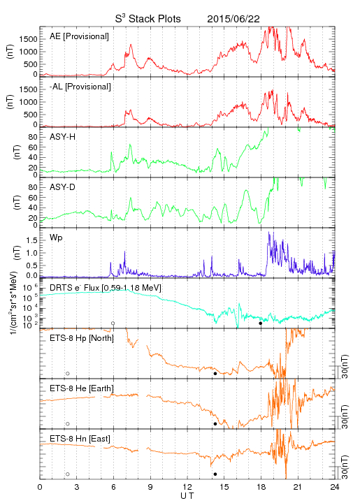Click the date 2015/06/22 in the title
(233, 19)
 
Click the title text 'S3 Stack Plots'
(148, 19)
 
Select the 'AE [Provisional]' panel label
(79, 36)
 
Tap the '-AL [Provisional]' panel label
(80, 87)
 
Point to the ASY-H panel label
(63, 137)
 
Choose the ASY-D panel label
(63, 187)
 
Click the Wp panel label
(56, 238)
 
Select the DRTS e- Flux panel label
(106, 287)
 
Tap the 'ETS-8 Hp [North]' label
(82, 338)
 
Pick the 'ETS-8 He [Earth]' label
(82, 388)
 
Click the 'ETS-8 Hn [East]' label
(80, 439)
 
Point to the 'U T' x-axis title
(187, 496)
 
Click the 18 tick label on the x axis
(261, 487)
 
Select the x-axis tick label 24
(335, 487)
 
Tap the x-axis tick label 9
(150, 487)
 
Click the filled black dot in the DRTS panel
(261, 323)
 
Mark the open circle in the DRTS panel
(113, 323)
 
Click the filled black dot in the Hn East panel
(215, 474)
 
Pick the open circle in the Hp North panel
(68, 374)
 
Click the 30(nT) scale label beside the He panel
(345, 417)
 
